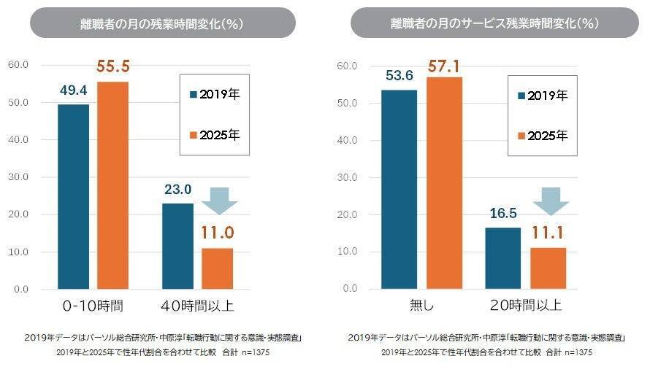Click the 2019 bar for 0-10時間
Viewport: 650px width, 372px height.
coord(73,197)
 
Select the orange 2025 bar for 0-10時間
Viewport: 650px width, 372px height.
coord(112,185)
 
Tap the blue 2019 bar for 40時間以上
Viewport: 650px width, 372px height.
coord(177,246)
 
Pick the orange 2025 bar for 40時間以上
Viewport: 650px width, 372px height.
coord(217,268)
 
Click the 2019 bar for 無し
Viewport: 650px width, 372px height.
coord(398,189)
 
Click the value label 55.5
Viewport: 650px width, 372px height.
coord(113,67)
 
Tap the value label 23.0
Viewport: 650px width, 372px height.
coord(177,189)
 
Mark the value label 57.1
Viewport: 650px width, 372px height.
coord(444,66)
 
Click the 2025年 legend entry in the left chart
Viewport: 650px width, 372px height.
coord(215,134)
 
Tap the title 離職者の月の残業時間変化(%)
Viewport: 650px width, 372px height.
coord(162,23)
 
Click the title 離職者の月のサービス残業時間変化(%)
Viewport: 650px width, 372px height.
coord(494,23)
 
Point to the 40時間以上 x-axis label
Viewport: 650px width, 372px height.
coord(198,305)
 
